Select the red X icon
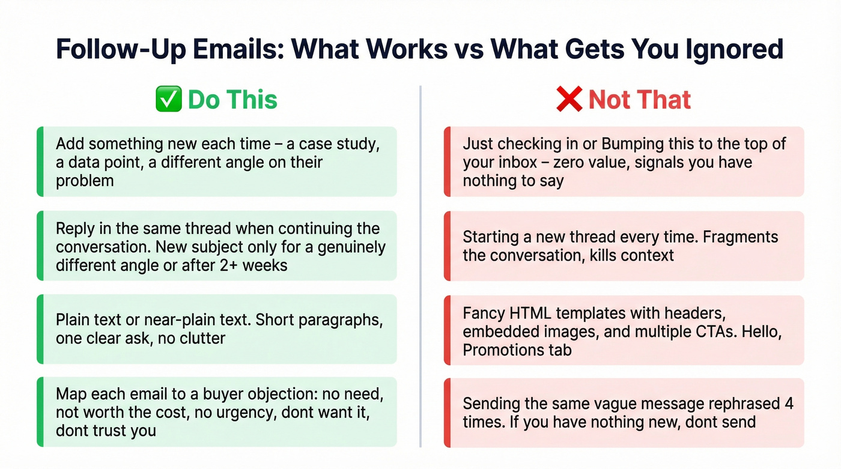pyautogui.click(x=569, y=100)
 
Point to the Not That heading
pyautogui.click(x=639, y=100)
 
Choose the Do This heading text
pyautogui.click(x=232, y=100)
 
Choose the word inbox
pyautogui.click(x=511, y=163)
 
